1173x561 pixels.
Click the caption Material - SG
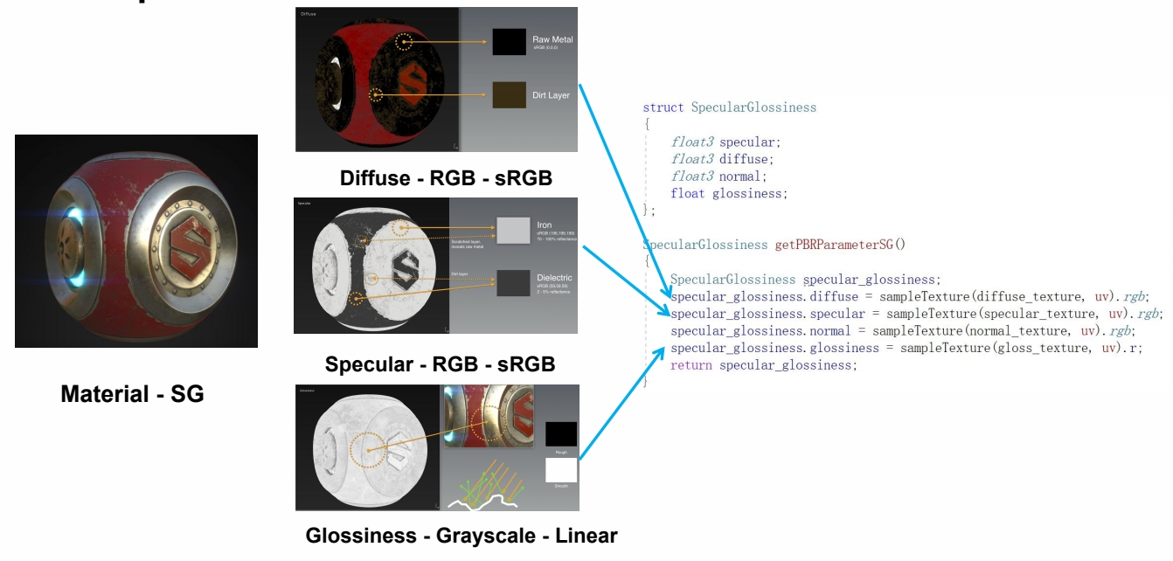pos(132,394)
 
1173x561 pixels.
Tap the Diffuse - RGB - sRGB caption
pos(447,178)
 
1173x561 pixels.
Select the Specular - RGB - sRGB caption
pos(440,364)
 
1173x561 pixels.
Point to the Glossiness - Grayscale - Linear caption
pos(461,536)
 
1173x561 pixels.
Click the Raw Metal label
pos(552,39)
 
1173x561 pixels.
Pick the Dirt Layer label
pos(551,94)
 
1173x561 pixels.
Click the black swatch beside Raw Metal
pos(509,42)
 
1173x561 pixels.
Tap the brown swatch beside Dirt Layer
pos(509,94)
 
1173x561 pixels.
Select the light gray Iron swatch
pos(512,230)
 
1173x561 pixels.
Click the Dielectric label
pos(554,278)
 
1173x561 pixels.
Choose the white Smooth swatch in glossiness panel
pos(561,470)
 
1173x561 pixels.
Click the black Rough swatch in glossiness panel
pos(561,434)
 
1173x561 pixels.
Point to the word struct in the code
pos(663,107)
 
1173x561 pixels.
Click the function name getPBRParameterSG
pos(838,245)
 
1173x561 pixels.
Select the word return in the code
pos(691,365)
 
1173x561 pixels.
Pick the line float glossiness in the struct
pos(729,193)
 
